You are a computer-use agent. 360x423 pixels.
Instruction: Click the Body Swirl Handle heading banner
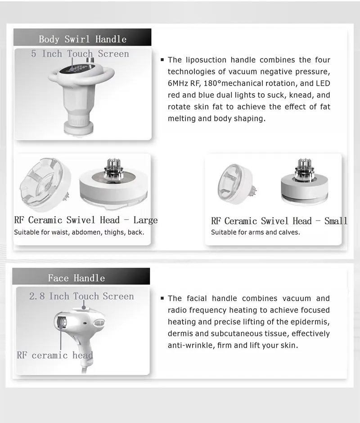point(82,39)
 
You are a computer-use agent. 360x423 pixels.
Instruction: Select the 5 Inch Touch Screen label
point(80,54)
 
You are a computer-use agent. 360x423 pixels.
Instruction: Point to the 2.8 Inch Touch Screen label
point(81,296)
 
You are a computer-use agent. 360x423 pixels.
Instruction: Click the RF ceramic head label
point(55,355)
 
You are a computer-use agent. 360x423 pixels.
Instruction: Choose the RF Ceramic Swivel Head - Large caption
point(85,220)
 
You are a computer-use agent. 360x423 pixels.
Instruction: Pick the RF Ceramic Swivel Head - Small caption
point(279,221)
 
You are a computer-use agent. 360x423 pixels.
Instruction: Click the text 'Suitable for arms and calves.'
point(255,232)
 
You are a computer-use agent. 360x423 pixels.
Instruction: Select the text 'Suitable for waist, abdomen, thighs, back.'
point(79,232)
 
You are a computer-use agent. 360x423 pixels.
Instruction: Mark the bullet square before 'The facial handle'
point(162,298)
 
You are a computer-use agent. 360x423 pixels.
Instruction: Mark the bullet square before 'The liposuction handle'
point(162,60)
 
